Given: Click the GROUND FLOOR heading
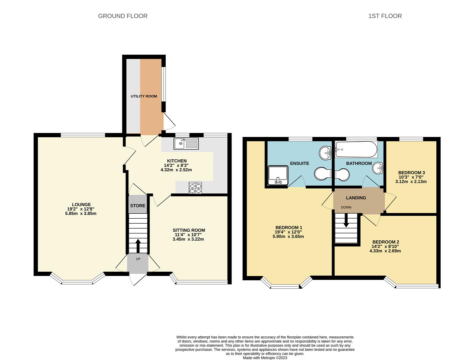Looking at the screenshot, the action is (123, 16).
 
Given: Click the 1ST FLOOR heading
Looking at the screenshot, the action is (385, 16).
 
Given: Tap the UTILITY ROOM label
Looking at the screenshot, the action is (144, 96).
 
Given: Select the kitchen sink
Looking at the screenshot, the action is (186, 144).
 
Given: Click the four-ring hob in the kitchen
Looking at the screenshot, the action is (195, 188).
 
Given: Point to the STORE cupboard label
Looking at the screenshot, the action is (137, 206).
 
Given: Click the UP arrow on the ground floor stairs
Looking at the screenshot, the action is (138, 246).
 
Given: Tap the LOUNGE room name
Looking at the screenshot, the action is (81, 204).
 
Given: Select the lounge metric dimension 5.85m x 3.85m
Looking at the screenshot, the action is (81, 214).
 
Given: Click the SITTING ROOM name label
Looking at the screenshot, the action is (189, 230).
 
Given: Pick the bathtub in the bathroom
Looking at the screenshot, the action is (356, 149).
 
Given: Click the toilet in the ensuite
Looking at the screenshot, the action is (323, 173).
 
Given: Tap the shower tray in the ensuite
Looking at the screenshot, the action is (278, 175).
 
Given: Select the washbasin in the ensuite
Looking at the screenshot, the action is (325, 153).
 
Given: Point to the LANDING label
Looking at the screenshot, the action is (356, 198).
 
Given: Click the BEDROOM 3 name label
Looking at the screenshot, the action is (412, 173).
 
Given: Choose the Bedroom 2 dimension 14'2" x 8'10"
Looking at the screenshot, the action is (385, 246).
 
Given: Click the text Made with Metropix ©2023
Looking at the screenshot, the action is (265, 358).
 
